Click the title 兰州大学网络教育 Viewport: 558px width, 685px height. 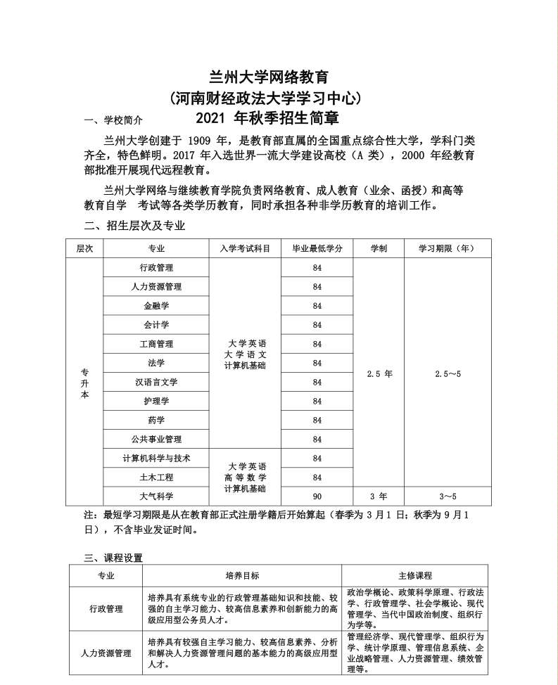point(269,77)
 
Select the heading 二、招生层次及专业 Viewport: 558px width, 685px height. point(134,226)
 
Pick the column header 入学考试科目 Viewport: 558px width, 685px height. point(245,248)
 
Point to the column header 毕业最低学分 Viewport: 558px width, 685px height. point(317,248)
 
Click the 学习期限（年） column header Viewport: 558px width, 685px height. point(447,248)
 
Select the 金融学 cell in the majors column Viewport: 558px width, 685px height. point(156,306)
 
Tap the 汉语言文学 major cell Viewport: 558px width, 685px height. point(156,382)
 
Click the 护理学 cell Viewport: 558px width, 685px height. point(156,401)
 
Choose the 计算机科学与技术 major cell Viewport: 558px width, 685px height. point(156,458)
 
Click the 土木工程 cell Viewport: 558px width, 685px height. point(156,477)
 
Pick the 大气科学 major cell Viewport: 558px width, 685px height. point(156,496)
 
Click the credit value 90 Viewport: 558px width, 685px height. point(317,496)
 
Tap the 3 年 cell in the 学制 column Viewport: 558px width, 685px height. point(379,496)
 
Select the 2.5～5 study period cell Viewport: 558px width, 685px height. point(448,373)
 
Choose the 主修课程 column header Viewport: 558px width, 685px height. point(414,575)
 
